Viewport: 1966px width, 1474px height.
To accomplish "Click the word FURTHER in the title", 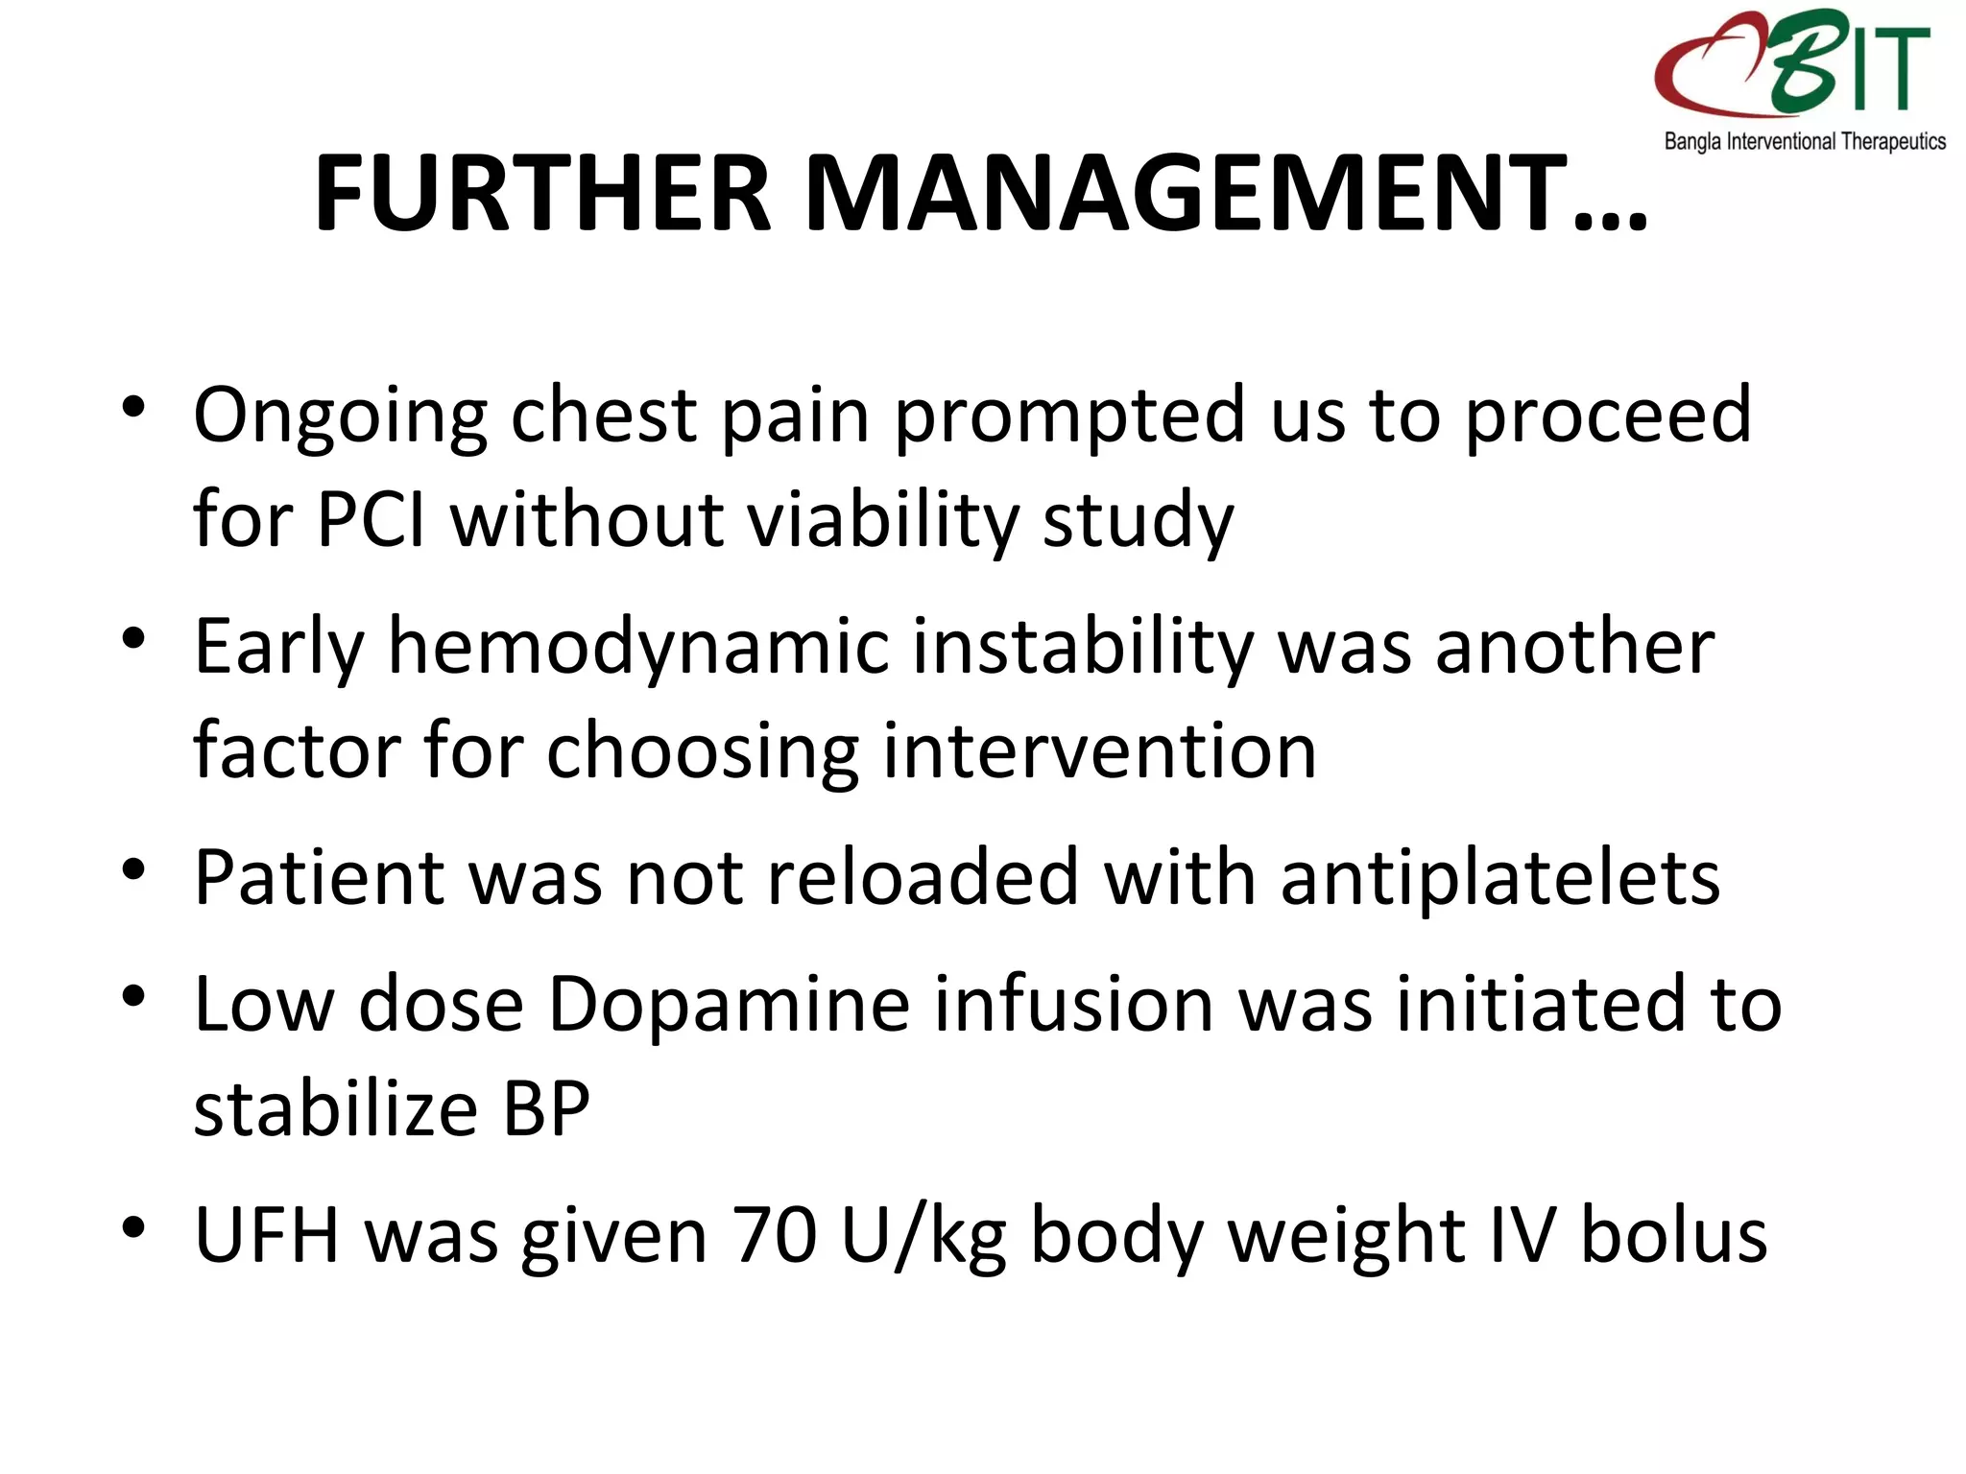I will (542, 194).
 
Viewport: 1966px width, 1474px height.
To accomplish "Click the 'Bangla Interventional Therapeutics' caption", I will (1805, 142).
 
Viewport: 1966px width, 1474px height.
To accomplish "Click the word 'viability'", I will (882, 521).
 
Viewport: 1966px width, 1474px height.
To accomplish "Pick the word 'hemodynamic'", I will (637, 647).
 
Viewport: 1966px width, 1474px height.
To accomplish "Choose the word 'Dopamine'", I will (730, 1004).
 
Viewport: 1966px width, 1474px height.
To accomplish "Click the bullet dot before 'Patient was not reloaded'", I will (133, 868).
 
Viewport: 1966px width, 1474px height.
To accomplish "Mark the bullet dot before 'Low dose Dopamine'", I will (133, 995).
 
